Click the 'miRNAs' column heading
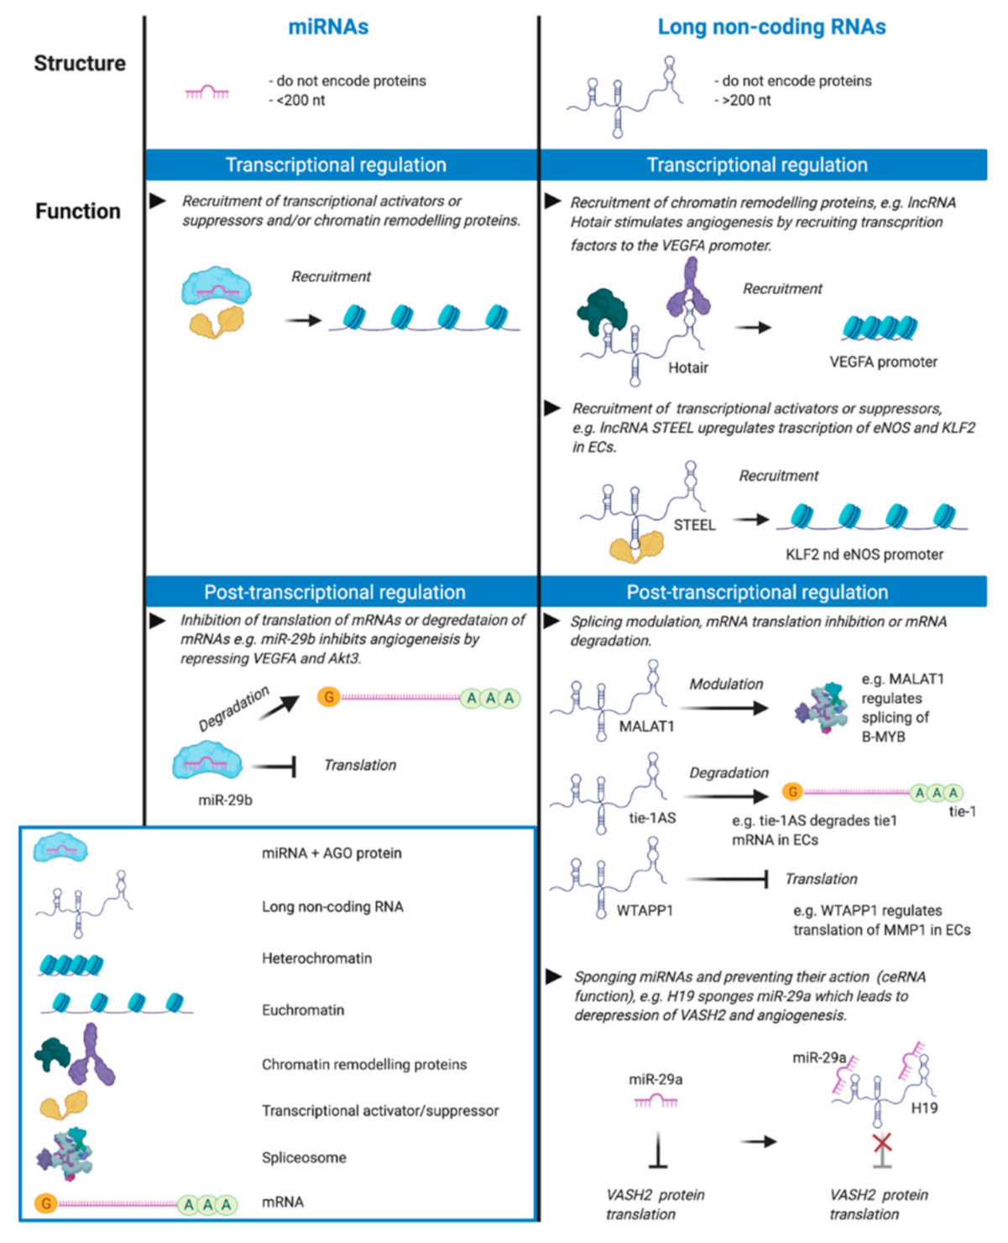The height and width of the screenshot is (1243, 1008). tap(328, 27)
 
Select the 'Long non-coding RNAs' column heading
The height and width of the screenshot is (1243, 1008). tap(771, 27)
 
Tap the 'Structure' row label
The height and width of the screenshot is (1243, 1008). tap(80, 64)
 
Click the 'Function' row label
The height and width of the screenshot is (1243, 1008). tap(78, 212)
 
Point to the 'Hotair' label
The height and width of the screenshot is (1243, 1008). tap(688, 368)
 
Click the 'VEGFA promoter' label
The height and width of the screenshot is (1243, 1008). tap(883, 362)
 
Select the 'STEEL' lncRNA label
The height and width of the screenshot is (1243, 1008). tap(695, 525)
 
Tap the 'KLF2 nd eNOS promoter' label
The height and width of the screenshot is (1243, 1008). tap(864, 554)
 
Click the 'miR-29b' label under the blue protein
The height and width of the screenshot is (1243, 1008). tap(225, 800)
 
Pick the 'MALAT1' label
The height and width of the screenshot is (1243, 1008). tap(646, 726)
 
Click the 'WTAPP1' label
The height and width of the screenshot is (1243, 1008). tap(645, 910)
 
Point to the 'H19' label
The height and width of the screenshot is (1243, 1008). tap(924, 1109)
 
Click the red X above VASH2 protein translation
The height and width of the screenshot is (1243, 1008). tap(881, 1142)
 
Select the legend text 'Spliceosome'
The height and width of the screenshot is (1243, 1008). tap(304, 1157)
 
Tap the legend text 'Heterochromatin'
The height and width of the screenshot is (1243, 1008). tap(316, 958)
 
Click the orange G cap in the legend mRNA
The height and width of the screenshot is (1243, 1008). tap(46, 1204)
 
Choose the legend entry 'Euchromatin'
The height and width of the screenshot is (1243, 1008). tap(303, 1010)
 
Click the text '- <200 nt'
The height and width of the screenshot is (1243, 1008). tap(297, 101)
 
